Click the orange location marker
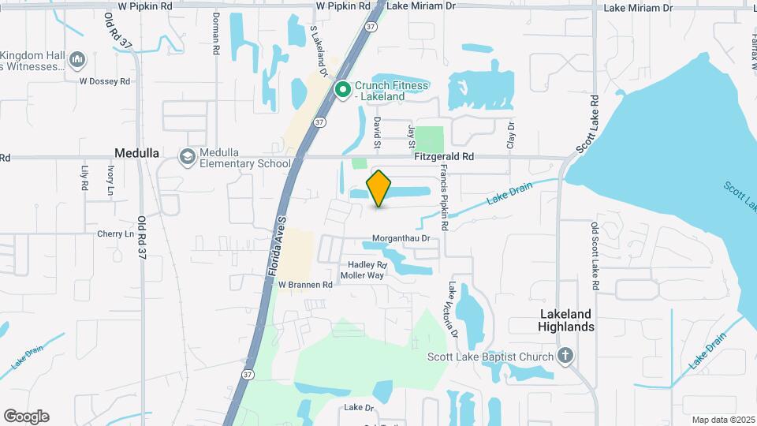(x=379, y=188)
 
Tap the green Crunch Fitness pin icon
(x=343, y=90)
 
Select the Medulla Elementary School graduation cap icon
(x=188, y=156)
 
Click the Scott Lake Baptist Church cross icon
(x=565, y=356)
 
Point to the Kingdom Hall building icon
(x=77, y=59)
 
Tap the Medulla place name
(x=137, y=153)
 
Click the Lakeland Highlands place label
(x=565, y=319)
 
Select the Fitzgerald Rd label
(x=444, y=157)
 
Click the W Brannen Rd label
(x=304, y=285)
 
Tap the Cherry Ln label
(x=115, y=234)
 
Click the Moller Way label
(x=362, y=275)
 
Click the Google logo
(x=26, y=417)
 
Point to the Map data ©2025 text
(x=722, y=420)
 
